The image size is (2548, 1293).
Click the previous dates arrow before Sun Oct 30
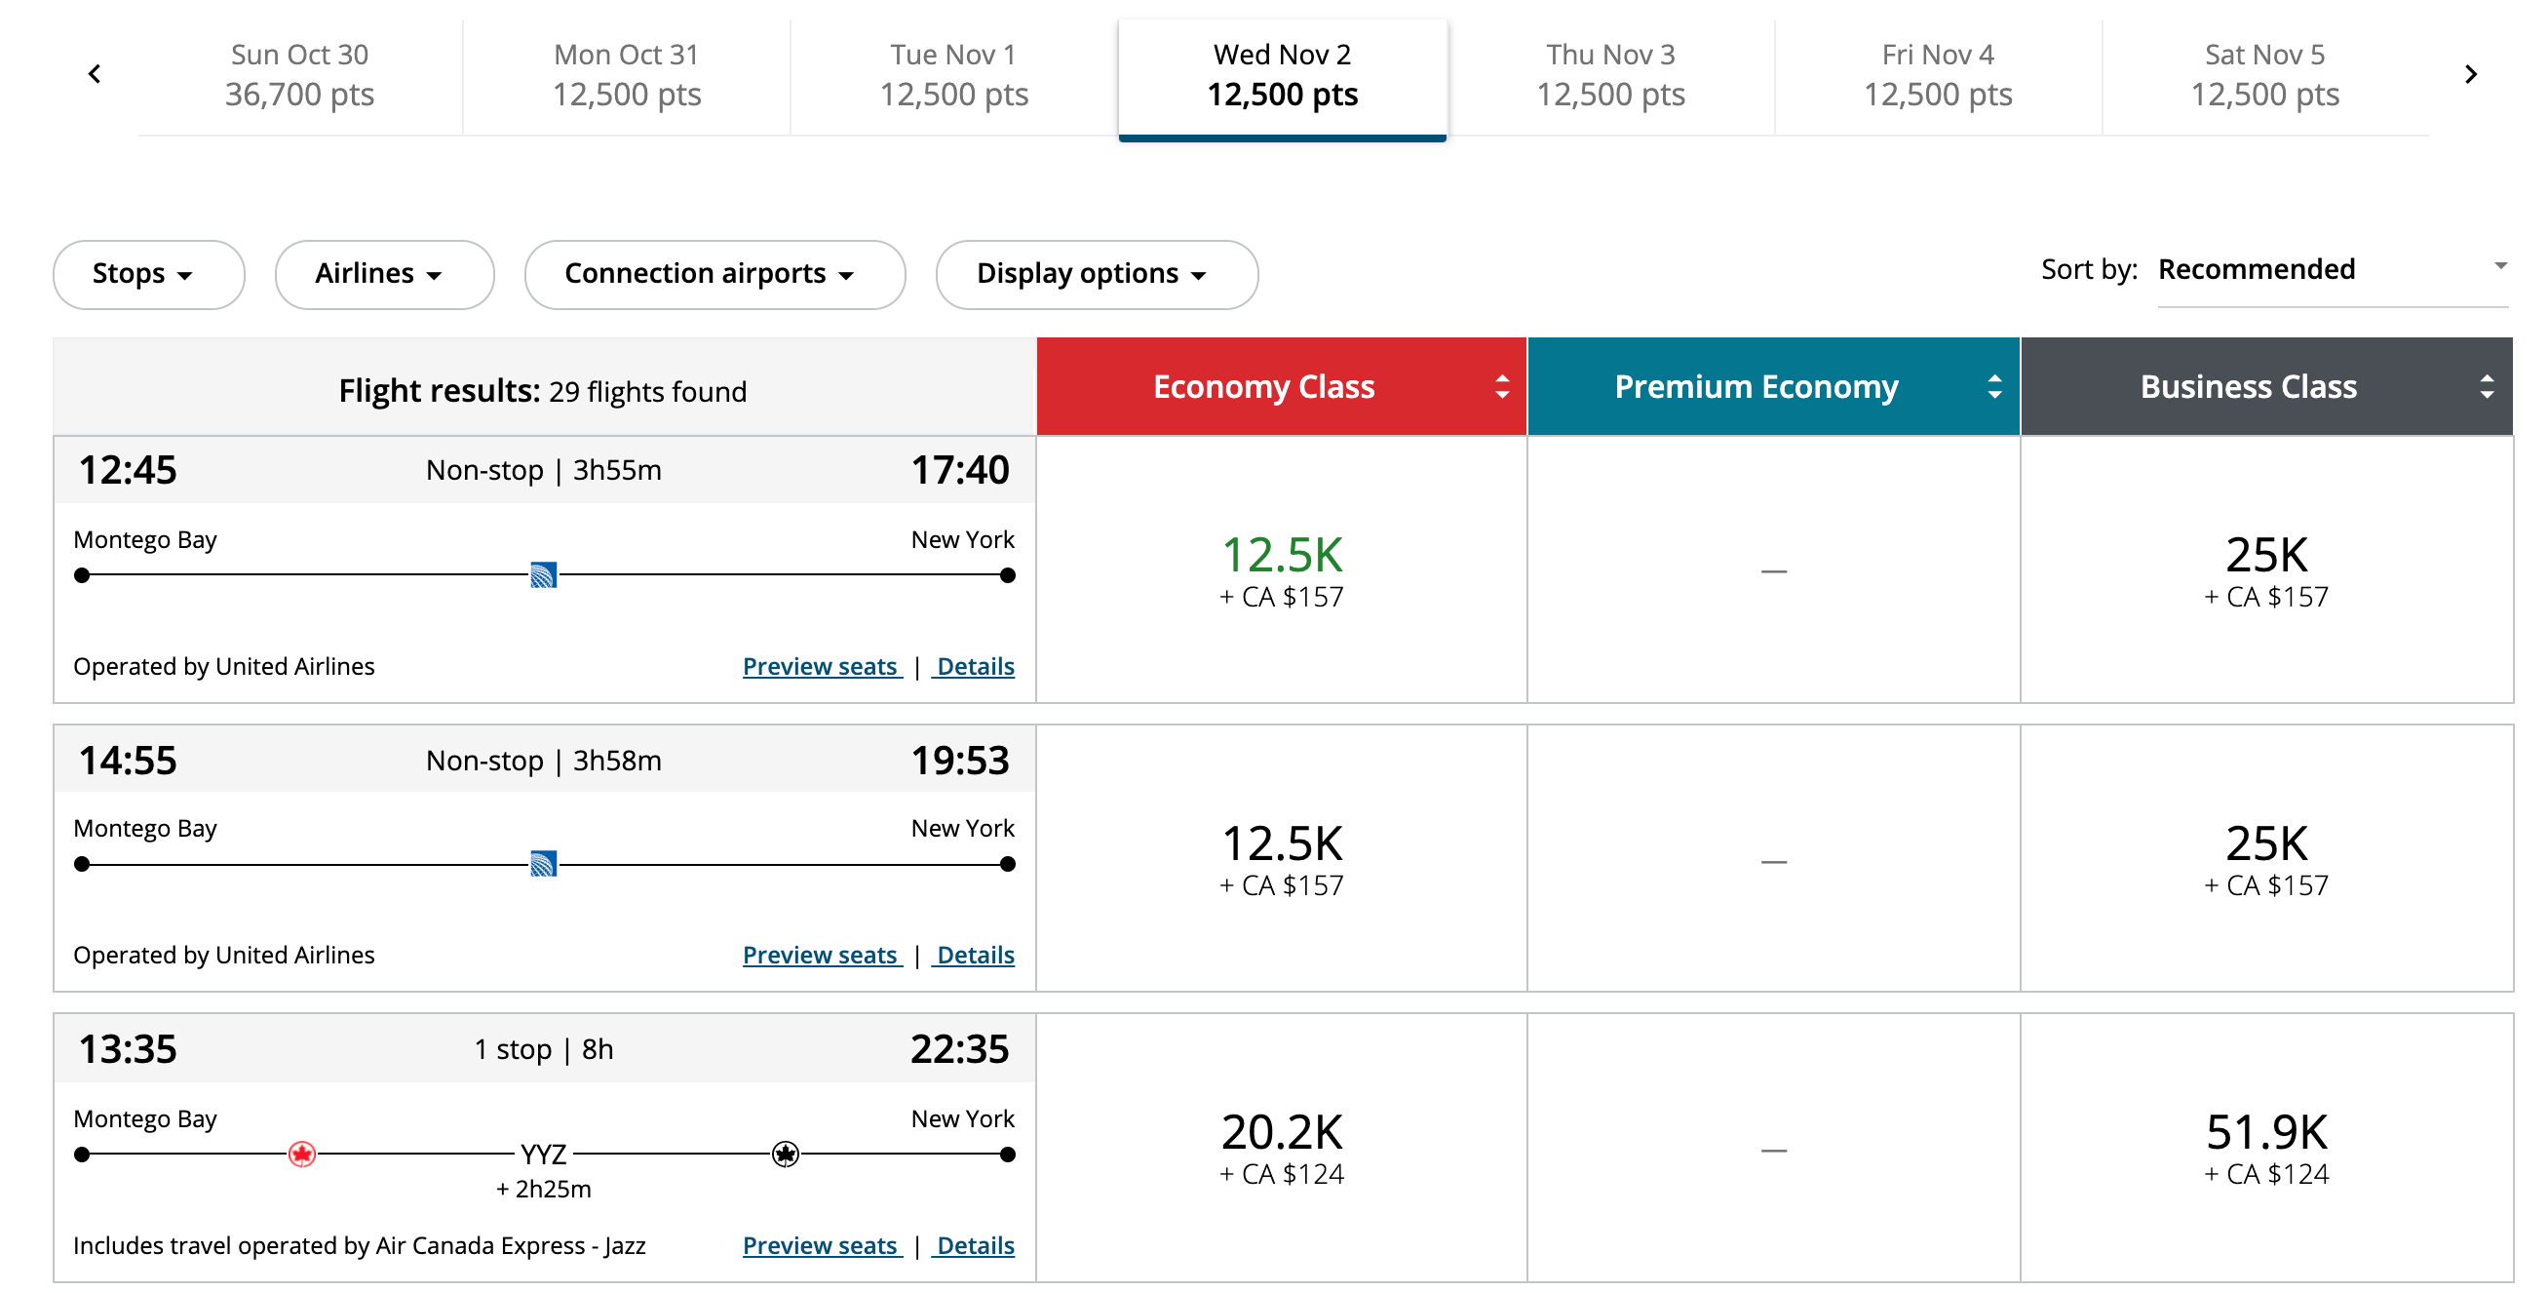tap(95, 74)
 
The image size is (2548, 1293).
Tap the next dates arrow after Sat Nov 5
tap(2470, 74)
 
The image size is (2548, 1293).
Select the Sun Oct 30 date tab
tap(298, 75)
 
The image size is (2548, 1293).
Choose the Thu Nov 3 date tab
tap(1609, 75)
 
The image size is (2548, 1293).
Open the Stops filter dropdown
tap(147, 274)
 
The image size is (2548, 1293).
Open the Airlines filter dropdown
tap(383, 274)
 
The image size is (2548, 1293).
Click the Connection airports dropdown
tap(714, 274)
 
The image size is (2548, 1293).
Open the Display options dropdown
tap(1096, 274)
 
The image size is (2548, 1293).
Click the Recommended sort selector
tap(2330, 269)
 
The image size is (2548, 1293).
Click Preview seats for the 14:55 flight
tap(821, 955)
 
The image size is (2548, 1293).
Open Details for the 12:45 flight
tap(976, 666)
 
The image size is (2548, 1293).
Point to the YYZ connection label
tap(543, 1154)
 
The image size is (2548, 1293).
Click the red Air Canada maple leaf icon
tap(301, 1154)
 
